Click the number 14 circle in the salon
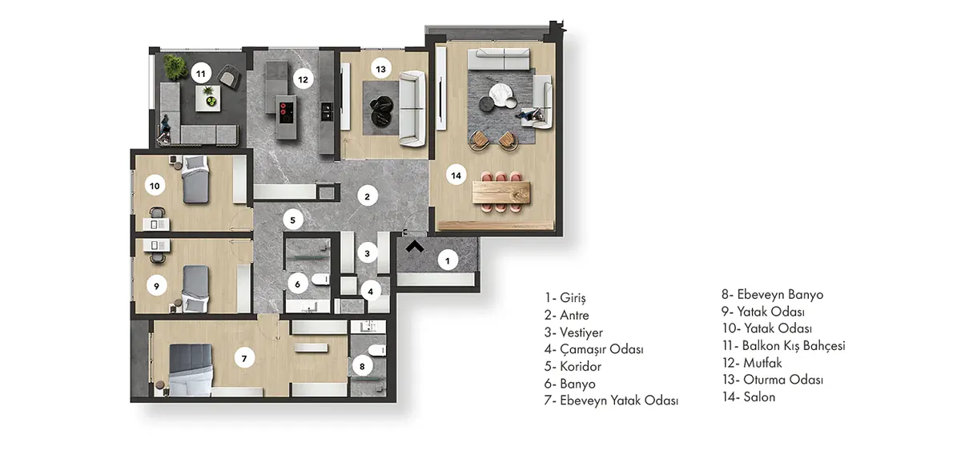click(x=456, y=175)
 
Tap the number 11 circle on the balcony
click(x=201, y=74)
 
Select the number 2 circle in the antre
click(x=368, y=196)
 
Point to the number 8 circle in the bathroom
click(x=362, y=366)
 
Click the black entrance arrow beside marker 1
click(x=415, y=247)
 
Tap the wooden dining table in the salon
click(x=501, y=191)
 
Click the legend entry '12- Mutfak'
click(x=752, y=363)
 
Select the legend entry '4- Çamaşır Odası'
click(x=593, y=349)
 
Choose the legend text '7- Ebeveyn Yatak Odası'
click(x=611, y=401)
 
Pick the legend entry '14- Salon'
click(x=749, y=397)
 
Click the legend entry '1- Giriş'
click(x=565, y=297)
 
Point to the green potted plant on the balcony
click(x=175, y=67)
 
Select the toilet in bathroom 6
click(x=320, y=280)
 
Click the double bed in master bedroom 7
click(x=191, y=370)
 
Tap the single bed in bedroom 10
click(x=195, y=179)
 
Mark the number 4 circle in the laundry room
click(x=370, y=292)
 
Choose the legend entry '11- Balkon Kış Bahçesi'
click(x=783, y=346)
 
